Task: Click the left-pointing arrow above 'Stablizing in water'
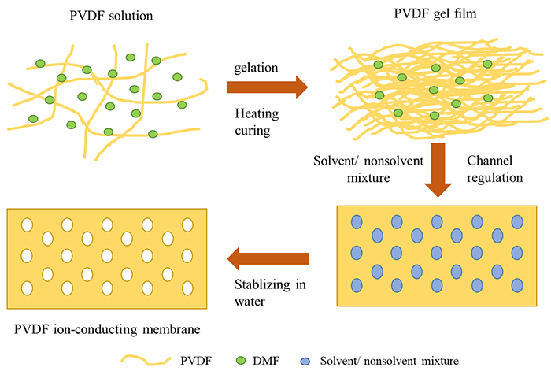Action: tap(267, 257)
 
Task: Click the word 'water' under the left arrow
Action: tap(253, 301)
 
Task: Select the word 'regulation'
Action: tap(495, 178)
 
